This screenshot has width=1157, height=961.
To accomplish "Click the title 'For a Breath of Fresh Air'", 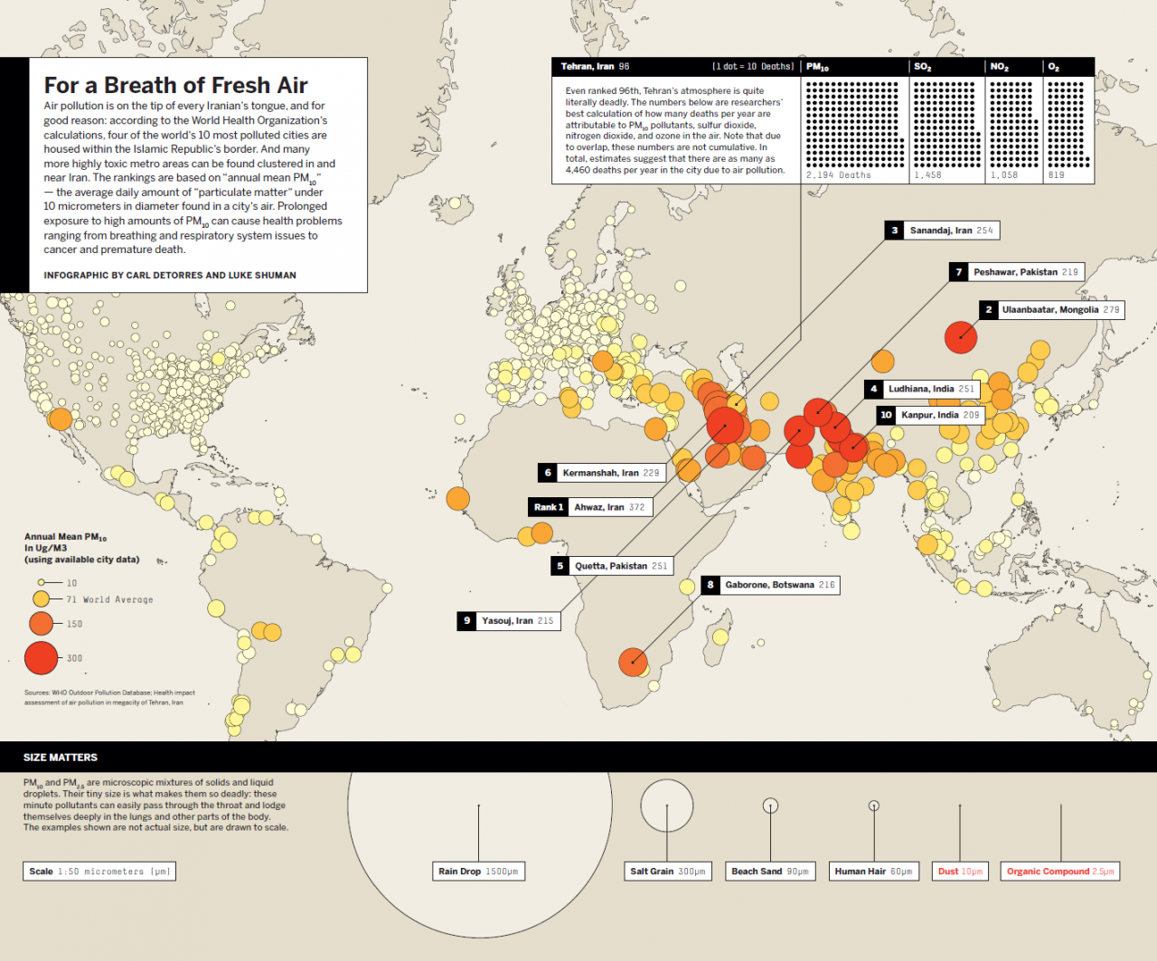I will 175,85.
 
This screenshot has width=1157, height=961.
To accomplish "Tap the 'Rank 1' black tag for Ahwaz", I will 549,507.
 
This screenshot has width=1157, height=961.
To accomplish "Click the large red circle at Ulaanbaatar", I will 961,337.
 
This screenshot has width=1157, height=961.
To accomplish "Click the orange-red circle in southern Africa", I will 633,662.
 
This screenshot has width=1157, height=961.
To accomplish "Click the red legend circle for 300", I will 42,658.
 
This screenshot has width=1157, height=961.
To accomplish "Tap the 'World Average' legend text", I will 118,599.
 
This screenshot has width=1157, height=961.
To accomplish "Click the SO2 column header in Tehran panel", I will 923,67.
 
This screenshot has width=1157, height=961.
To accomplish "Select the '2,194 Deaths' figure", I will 839,175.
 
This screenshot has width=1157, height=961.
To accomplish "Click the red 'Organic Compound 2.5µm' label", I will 1060,871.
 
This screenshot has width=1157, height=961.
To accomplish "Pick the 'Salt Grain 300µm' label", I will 668,871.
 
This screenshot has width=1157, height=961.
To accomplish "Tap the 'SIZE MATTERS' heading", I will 61,758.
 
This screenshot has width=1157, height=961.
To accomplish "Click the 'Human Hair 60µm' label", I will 873,871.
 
